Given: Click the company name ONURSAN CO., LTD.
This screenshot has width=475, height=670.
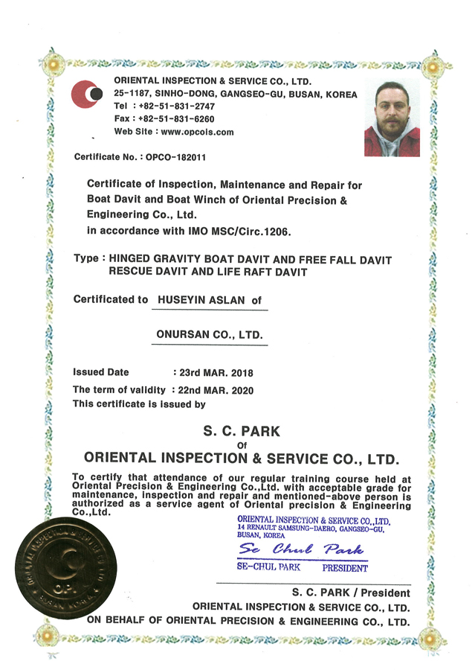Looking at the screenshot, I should click(211, 335).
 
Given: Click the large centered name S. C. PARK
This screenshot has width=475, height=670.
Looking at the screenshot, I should click(242, 430).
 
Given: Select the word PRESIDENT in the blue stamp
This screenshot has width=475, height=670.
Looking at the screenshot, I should click(344, 569).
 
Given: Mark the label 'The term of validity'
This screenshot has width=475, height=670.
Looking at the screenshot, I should click(119, 389).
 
